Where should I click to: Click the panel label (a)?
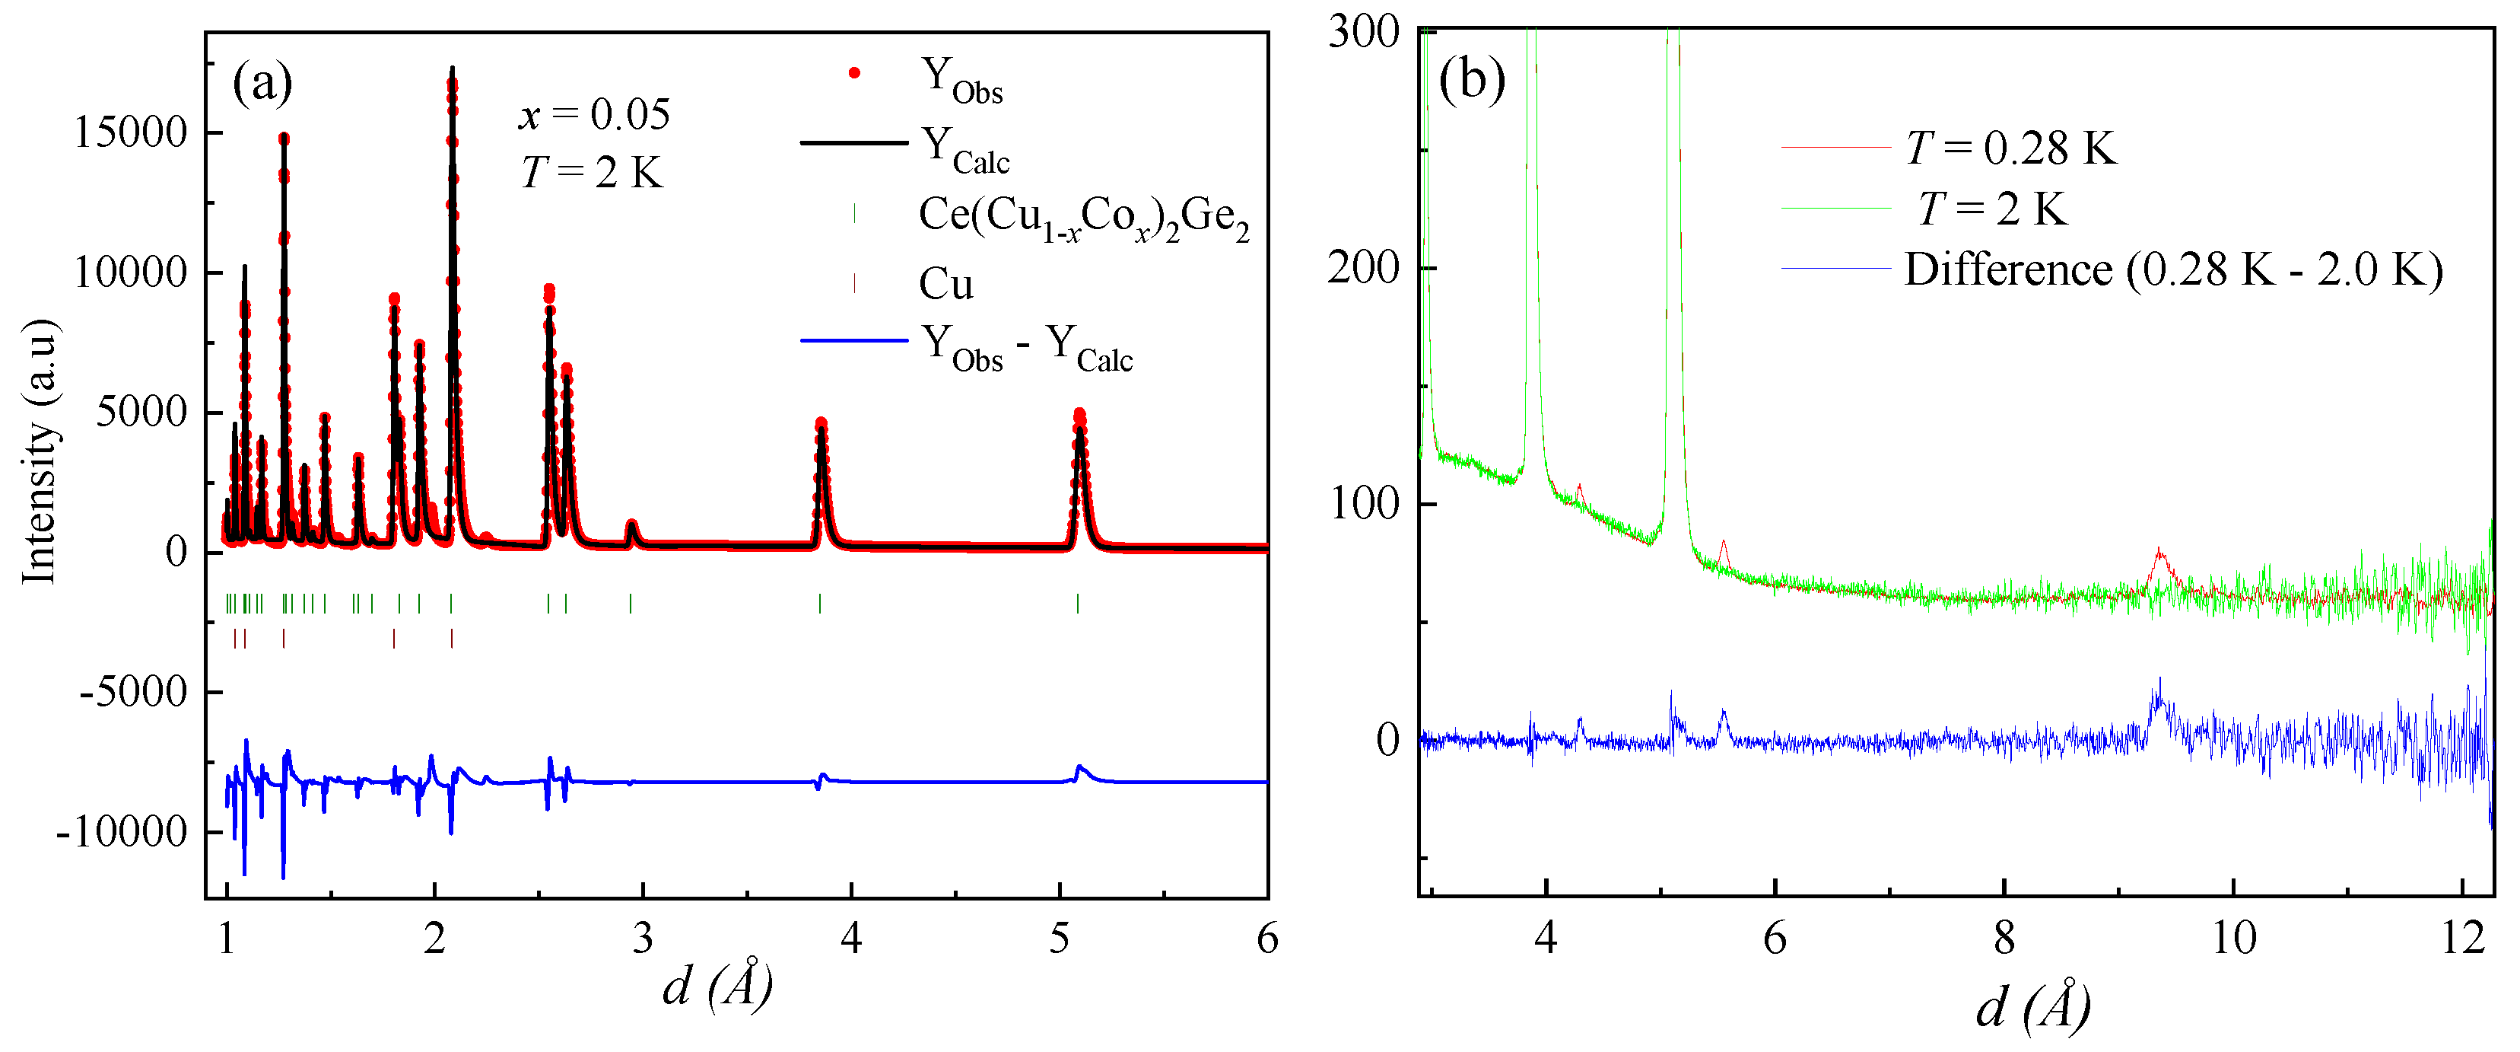[x=262, y=82]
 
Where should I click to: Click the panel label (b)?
[x=1471, y=78]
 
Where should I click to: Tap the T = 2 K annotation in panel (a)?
[x=592, y=174]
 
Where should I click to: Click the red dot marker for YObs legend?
[x=854, y=73]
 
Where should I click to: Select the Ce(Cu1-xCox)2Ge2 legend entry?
[x=1083, y=216]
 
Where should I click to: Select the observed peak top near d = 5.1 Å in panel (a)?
[x=1079, y=415]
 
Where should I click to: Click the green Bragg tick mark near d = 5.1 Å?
[x=1078, y=603]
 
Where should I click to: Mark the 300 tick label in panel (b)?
[x=1364, y=31]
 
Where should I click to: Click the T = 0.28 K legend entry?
[x=2010, y=148]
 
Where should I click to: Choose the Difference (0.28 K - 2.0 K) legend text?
[x=2172, y=270]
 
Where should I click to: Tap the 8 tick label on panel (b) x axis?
[x=2004, y=939]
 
